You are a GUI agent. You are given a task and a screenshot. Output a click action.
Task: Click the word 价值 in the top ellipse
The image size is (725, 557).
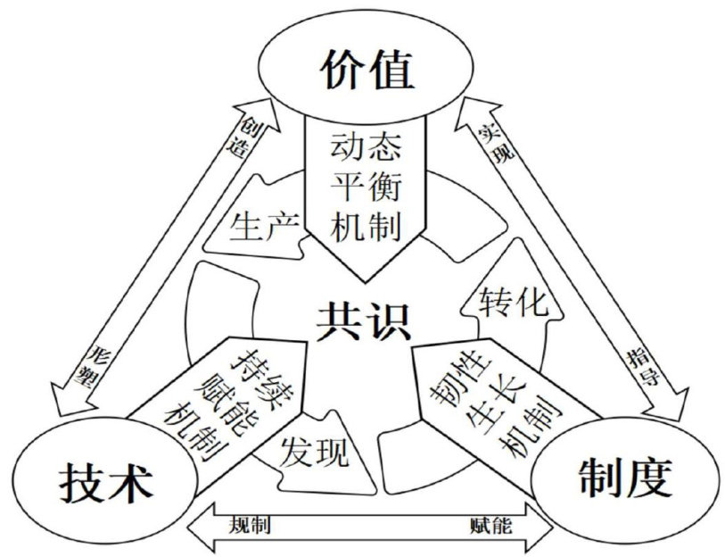pyautogui.click(x=367, y=68)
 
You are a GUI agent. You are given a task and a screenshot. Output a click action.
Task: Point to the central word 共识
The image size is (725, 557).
pyautogui.click(x=363, y=320)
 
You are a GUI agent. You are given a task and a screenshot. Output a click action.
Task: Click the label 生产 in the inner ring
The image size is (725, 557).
pyautogui.click(x=260, y=229)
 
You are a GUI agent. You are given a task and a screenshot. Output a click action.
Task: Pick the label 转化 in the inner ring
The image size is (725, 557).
pyautogui.click(x=511, y=302)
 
